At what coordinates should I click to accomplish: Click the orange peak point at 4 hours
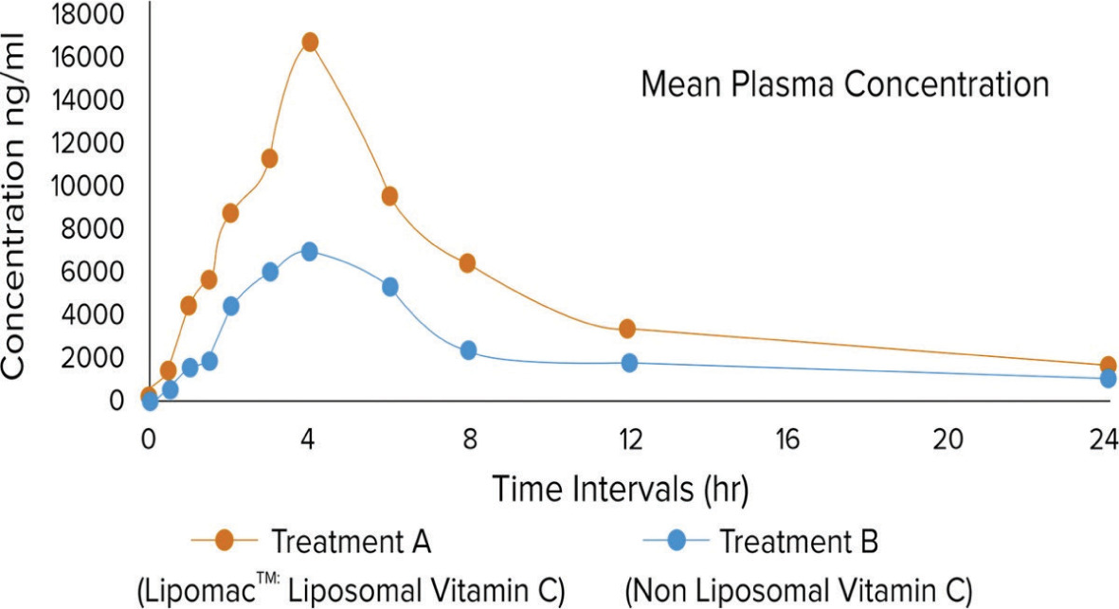[309, 42]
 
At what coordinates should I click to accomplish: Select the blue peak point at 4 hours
[309, 251]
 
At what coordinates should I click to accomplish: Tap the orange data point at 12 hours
[627, 329]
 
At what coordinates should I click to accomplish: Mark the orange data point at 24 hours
[1109, 366]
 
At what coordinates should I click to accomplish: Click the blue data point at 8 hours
[468, 350]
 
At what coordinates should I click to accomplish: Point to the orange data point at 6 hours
[388, 196]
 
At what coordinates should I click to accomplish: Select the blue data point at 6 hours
[389, 286]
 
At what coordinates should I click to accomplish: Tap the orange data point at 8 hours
[467, 262]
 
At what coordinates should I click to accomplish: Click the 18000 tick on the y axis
[88, 14]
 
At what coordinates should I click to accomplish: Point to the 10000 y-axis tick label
[88, 186]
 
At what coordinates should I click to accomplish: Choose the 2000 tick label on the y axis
[96, 357]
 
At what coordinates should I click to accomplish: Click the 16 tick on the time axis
[788, 439]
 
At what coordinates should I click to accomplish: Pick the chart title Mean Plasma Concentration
[844, 84]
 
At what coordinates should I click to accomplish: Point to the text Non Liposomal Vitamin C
[798, 591]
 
